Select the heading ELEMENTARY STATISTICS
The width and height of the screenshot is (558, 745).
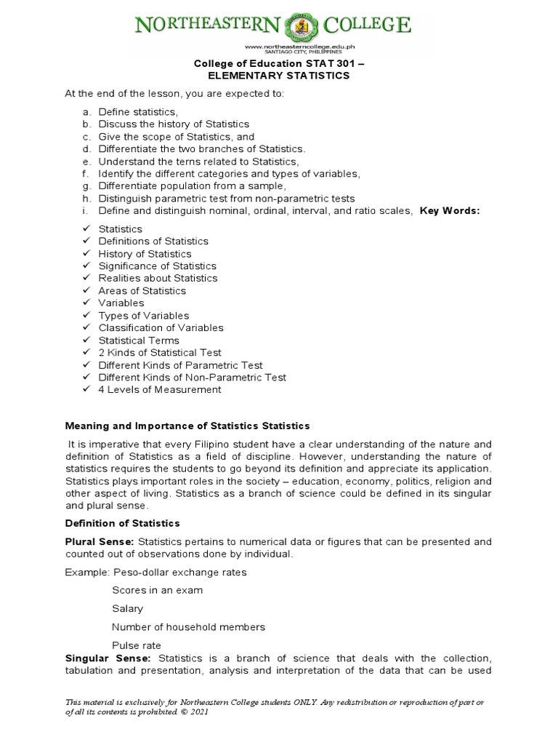click(278, 76)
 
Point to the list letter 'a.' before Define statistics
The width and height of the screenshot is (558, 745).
click(86, 112)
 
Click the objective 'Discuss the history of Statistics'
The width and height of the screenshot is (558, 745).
click(174, 124)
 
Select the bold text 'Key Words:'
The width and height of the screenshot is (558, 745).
click(450, 211)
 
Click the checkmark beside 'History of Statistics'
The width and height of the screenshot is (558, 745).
click(86, 254)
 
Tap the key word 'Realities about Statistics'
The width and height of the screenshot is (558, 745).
click(158, 279)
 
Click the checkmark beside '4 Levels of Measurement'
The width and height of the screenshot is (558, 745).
click(86, 390)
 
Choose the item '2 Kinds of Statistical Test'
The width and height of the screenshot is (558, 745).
click(160, 353)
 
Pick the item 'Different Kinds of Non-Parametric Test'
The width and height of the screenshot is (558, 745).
click(193, 378)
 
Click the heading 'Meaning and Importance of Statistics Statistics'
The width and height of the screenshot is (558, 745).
click(187, 426)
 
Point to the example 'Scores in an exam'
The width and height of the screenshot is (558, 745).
click(157, 590)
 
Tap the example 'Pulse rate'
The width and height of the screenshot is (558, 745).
click(137, 645)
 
